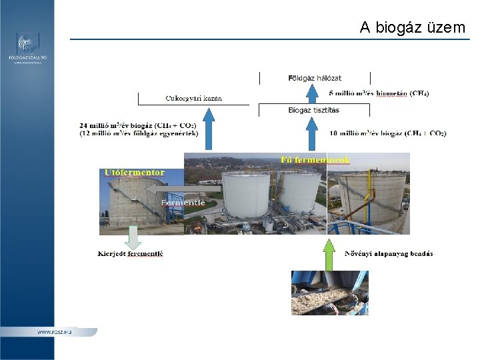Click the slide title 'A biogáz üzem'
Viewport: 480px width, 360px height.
click(412, 27)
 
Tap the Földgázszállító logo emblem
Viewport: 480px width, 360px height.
click(27, 44)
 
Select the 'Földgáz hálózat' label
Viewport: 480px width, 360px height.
click(315, 78)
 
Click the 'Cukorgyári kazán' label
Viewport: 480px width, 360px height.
click(193, 99)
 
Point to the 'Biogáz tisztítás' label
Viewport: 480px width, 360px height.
click(313, 110)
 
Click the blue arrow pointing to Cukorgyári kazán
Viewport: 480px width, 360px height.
click(209, 129)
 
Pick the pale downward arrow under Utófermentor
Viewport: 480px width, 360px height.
click(133, 238)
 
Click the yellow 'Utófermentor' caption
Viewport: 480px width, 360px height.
click(134, 173)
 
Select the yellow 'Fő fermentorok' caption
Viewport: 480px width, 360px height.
click(315, 160)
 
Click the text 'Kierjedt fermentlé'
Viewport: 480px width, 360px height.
click(130, 254)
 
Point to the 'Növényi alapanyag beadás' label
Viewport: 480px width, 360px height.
click(388, 253)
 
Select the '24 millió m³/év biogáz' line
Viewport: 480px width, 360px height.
click(137, 125)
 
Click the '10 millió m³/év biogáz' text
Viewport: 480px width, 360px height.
click(387, 133)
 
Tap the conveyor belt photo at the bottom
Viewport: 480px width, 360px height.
click(329, 293)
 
